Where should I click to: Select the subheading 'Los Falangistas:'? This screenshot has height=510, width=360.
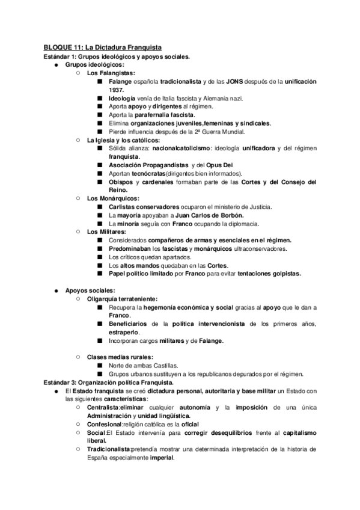pos(111,73)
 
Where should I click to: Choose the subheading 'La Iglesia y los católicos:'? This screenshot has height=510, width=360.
pos(123,140)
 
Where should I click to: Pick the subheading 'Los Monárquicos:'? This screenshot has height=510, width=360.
pos(112,198)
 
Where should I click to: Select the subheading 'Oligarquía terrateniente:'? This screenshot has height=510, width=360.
pos(122,298)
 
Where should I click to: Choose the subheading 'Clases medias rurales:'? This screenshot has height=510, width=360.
pos(120,357)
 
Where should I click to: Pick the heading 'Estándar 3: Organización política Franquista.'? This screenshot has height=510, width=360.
pos(109,382)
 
